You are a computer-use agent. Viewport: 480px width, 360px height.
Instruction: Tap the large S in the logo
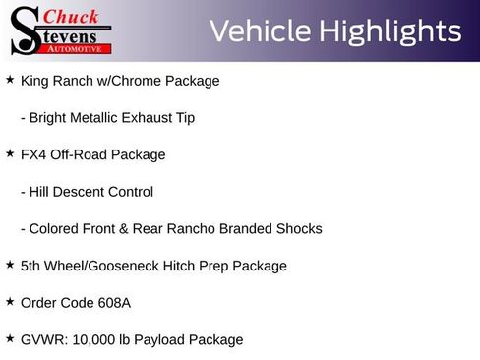pos(24,30)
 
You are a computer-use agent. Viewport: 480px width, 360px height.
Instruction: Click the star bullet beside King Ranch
pos(10,80)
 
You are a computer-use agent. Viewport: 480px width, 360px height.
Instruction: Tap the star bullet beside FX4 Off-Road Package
pos(10,154)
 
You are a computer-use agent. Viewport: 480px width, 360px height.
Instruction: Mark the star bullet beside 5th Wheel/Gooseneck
pos(10,266)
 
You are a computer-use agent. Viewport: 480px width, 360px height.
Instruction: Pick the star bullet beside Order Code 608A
pos(10,302)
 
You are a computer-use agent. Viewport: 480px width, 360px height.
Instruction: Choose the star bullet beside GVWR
pos(10,339)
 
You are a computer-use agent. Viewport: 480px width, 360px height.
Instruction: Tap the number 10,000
pos(92,340)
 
